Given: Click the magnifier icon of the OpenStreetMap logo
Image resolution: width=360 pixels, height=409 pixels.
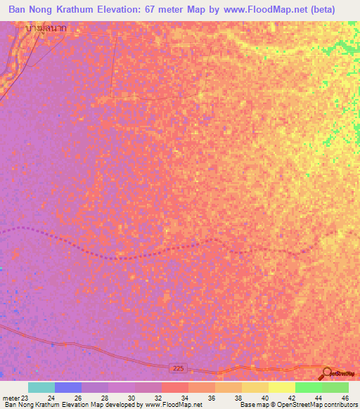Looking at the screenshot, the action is coord(327,373).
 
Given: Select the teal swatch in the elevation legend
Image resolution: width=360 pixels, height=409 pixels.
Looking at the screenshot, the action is coord(41,387).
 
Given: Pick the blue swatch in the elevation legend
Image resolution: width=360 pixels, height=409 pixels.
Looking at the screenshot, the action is coord(68,387).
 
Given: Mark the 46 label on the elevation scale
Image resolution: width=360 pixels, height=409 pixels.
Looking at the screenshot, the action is coord(344,398).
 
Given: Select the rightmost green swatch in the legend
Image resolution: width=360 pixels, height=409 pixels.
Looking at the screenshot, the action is coord(335,387).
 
